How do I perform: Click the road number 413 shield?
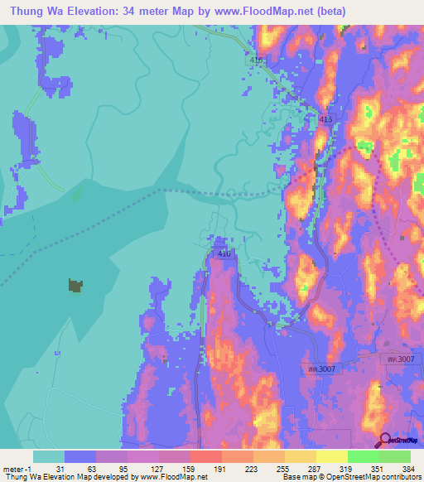tap(325, 120)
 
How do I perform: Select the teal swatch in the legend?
tap(49, 456)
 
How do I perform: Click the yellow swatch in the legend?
tap(332, 456)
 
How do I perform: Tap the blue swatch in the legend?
tap(80, 456)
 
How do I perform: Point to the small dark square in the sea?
tap(75, 286)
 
